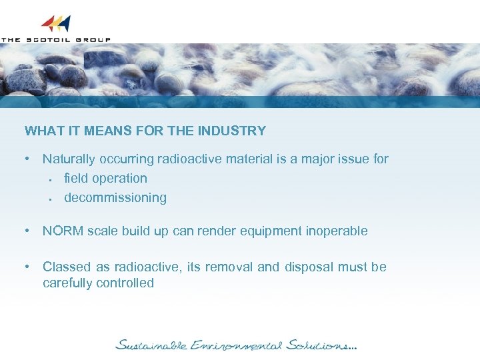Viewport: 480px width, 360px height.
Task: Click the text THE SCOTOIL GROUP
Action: pos(55,40)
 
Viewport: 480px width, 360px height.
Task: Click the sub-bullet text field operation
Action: pos(105,179)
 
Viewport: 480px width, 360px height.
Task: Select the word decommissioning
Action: pos(115,198)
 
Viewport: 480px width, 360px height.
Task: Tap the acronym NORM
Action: pos(61,231)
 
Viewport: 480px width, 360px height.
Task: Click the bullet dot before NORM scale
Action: pos(26,231)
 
